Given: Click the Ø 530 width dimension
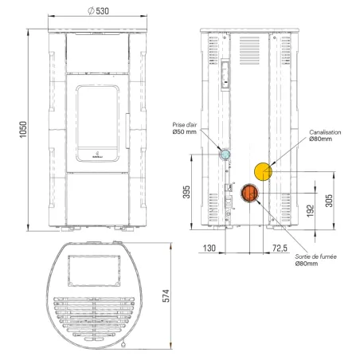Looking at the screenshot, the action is [98, 11].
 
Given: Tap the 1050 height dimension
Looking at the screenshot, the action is [23, 129].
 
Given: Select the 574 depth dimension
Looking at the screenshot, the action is [166, 295].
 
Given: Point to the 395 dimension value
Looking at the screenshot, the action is [186, 192].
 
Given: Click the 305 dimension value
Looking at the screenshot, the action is [329, 201].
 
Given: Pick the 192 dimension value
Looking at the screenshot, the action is [311, 211].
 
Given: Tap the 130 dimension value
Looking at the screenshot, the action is [209, 248].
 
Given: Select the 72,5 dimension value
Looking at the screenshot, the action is [280, 248].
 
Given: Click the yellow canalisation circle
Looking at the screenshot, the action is [263, 171].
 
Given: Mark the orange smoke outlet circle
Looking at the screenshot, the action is [249, 193].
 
